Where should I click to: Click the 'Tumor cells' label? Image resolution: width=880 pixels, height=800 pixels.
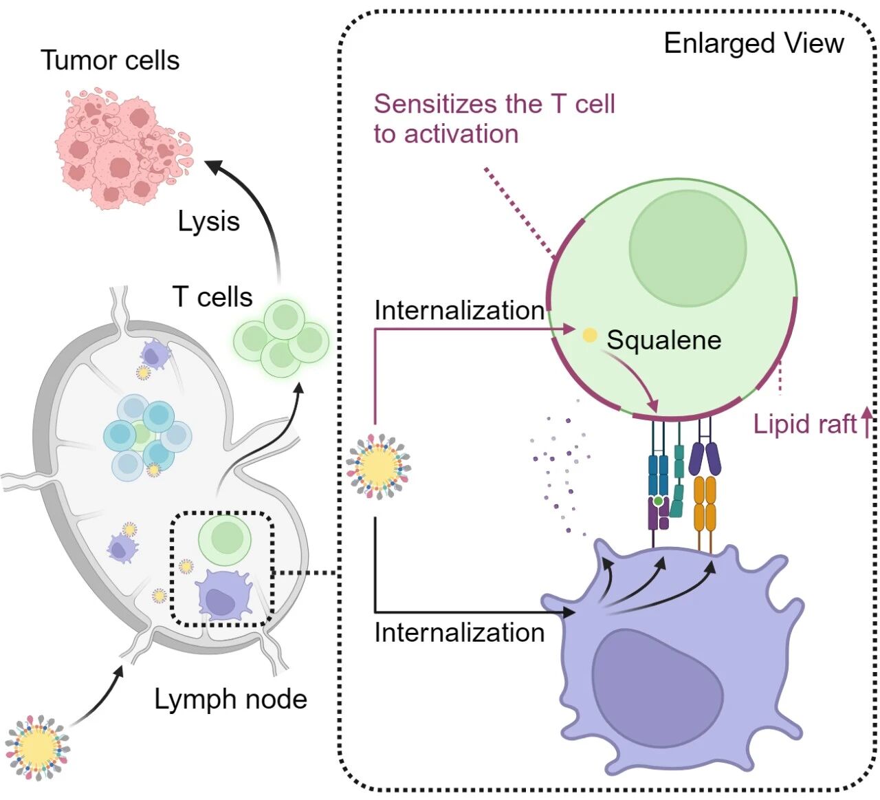pos(110,61)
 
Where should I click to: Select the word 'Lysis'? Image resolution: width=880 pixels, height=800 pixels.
pos(208,221)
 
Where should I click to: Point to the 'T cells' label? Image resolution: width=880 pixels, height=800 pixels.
pos(212,297)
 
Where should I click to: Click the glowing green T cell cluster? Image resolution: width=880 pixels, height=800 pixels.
pos(282,337)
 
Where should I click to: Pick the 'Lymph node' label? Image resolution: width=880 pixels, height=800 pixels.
pos(230,699)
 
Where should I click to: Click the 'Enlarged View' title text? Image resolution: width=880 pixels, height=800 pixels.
pos(753,43)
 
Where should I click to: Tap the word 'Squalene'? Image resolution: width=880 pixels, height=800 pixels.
pos(663,340)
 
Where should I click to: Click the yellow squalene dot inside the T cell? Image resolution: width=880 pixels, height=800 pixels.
pos(590,336)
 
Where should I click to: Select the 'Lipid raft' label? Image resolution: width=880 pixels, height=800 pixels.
pos(804,424)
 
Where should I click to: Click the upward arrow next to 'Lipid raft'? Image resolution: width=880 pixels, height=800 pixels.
pos(867,422)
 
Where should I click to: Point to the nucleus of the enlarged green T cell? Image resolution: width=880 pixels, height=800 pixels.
pos(687,248)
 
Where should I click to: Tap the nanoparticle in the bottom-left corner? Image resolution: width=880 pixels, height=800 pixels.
pos(37,747)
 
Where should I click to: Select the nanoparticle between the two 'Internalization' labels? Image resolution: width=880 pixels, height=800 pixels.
pos(377,466)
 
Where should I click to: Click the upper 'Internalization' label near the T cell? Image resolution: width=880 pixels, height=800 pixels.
pos(459,311)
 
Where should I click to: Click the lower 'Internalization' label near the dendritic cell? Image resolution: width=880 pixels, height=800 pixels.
pos(459,633)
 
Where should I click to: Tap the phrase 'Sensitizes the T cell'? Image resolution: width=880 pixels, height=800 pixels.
pos(494,104)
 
